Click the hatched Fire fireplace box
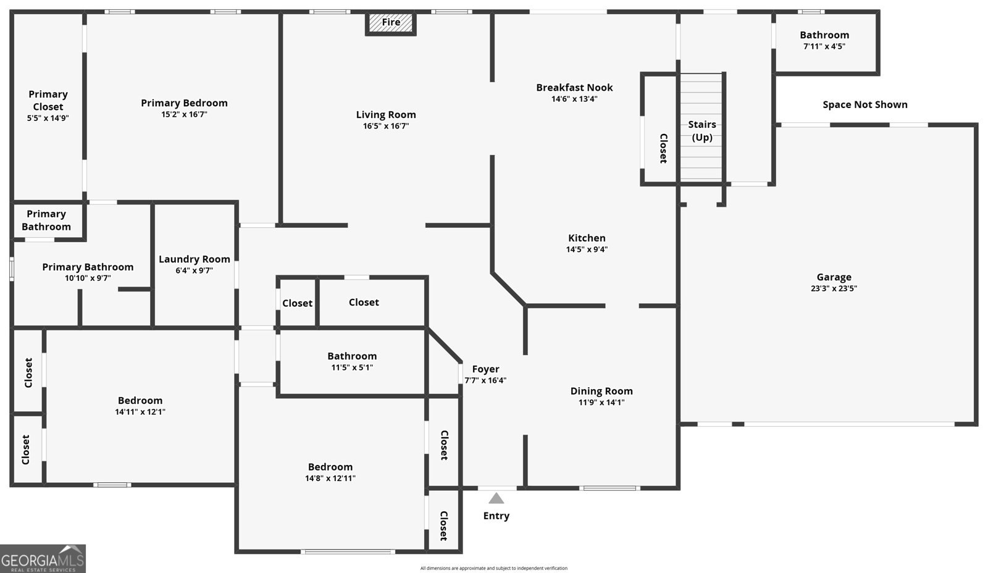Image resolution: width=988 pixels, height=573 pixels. coord(391,23)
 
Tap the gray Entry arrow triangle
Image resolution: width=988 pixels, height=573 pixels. coord(496,498)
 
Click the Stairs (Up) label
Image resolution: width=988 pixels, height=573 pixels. coord(702,131)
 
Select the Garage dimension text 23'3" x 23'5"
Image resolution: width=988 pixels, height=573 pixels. coord(834,288)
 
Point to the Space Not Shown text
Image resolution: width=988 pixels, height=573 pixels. coord(865,105)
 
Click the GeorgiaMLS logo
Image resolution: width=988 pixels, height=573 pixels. coord(43,559)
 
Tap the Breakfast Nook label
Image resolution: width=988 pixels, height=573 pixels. coord(574,88)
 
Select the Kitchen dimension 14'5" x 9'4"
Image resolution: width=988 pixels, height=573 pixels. coord(587,249)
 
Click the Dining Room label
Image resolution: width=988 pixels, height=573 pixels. coord(601,391)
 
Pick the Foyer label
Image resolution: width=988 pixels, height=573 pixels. coord(485,369)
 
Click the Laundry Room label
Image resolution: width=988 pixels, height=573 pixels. coord(194,259)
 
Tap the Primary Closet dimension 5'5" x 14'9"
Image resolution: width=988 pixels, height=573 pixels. coord(48,118)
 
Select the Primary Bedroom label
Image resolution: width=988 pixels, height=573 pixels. coord(184,103)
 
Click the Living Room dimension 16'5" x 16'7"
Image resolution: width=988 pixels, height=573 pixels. coord(386,126)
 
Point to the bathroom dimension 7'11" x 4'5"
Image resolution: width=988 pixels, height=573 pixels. coord(824,46)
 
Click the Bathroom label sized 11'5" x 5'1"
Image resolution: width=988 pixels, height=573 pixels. coord(352,356)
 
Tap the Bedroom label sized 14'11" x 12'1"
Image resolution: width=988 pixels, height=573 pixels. coord(140,401)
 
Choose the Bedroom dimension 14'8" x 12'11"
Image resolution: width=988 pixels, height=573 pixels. coord(330,479)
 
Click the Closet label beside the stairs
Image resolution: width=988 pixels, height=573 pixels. coord(663,148)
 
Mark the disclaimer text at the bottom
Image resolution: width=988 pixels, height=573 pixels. coord(493,568)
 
